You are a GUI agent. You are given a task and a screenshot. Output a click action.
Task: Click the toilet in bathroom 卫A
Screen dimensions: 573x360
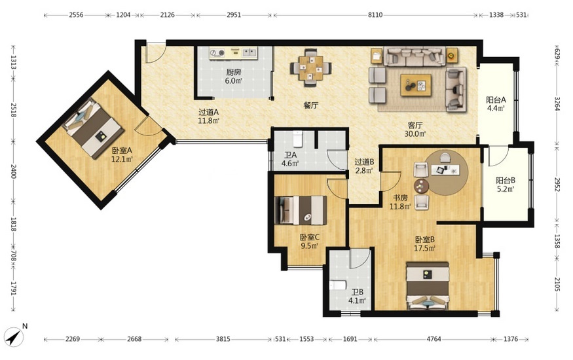[x=297, y=138]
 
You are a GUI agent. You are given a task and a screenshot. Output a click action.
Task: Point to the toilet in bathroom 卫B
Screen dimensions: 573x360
[x=338, y=285]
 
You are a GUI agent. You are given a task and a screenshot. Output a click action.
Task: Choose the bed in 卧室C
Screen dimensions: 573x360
[x=301, y=210]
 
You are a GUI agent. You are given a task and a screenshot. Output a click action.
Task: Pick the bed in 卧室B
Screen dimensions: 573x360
[x=428, y=286]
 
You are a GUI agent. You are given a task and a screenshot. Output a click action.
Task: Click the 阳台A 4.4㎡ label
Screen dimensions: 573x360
[x=496, y=103]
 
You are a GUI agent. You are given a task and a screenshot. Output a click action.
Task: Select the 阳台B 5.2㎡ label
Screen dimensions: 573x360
[x=506, y=185]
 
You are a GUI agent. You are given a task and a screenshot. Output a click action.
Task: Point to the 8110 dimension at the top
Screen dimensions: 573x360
[x=375, y=15]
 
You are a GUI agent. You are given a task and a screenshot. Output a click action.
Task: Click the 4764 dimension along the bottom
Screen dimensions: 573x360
[x=434, y=339]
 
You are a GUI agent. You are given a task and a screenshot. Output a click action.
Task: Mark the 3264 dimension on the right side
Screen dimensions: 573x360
[x=557, y=103]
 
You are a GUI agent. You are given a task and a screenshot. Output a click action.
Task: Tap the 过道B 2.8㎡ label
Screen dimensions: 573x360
[x=364, y=166]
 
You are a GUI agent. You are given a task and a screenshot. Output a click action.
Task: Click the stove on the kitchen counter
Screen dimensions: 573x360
[x=218, y=53]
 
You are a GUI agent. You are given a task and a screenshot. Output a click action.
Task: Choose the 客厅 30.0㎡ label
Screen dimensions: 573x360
[x=415, y=130]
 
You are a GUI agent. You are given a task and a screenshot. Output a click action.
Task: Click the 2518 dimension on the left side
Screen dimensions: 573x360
[x=13, y=110]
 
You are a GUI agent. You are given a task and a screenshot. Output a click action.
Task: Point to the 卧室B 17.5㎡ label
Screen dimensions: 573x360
[x=424, y=244]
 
